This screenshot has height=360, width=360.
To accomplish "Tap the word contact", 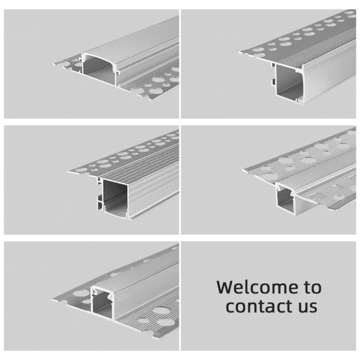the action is coord(258,306).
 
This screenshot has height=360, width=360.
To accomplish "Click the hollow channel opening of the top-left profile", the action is coord(99,70).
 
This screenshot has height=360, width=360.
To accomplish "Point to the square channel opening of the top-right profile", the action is coord(289,81).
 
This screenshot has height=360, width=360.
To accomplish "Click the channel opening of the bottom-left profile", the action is coord(102,303).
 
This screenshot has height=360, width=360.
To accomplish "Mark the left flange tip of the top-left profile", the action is coord(55,64).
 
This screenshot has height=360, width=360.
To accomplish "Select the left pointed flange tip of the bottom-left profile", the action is coord(53,300).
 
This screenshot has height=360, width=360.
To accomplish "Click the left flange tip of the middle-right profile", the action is coord(244,170).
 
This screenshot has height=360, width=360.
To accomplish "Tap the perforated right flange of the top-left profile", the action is coord(152,83).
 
